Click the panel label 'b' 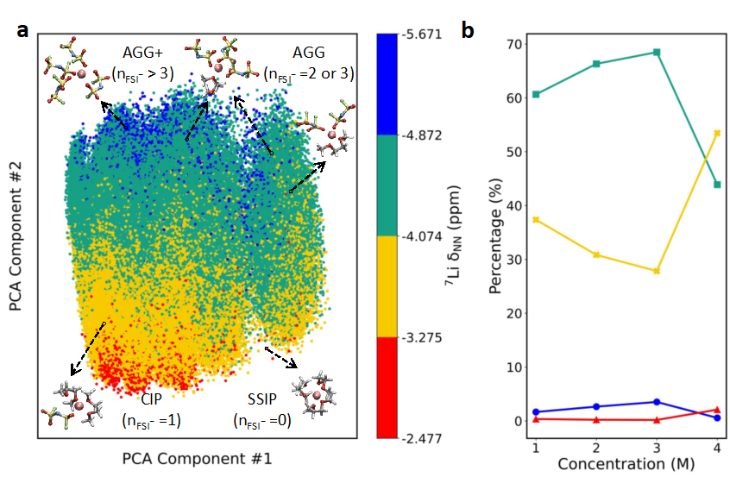click(467, 31)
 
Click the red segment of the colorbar click(388, 387)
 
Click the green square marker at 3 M click(657, 52)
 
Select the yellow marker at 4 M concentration click(717, 133)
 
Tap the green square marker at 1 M click(536, 94)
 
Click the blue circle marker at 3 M click(657, 402)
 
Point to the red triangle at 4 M click(717, 410)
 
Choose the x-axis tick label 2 click(596, 449)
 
